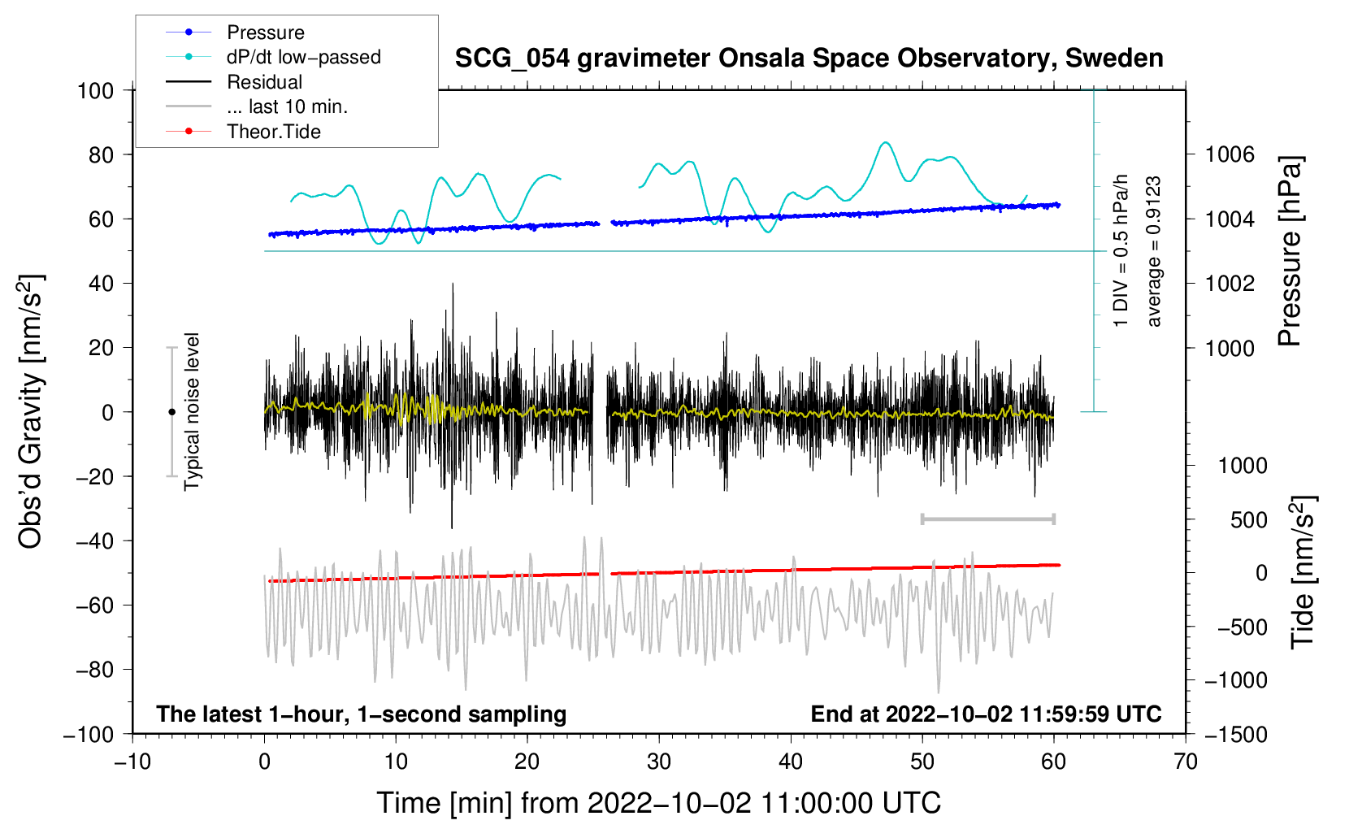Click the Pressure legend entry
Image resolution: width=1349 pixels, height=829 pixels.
pyautogui.click(x=265, y=33)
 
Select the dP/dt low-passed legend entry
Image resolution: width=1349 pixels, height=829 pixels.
pyautogui.click(x=303, y=57)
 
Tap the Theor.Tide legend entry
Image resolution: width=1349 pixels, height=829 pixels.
pyautogui.click(x=273, y=132)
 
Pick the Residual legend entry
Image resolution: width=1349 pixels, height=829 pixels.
pyautogui.click(x=264, y=82)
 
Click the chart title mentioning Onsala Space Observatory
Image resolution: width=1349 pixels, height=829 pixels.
pyautogui.click(x=809, y=59)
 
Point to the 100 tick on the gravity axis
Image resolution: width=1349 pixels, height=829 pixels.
pyautogui.click(x=95, y=90)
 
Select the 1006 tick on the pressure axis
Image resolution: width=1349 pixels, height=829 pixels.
pyautogui.click(x=1230, y=154)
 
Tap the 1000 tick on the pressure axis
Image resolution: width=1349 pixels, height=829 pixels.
pyautogui.click(x=1230, y=348)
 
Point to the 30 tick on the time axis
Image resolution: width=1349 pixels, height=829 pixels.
pyautogui.click(x=659, y=762)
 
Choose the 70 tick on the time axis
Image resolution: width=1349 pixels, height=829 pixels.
pyautogui.click(x=1186, y=762)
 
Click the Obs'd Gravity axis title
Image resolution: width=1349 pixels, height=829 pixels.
pyautogui.click(x=31, y=412)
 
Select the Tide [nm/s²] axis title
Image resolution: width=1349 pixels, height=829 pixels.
pyautogui.click(x=1303, y=571)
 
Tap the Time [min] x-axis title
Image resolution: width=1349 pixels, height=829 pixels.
pyautogui.click(x=658, y=803)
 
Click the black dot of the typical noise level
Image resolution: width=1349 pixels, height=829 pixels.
pyautogui.click(x=171, y=412)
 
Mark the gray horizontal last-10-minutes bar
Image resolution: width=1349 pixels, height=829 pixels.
pyautogui.click(x=987, y=519)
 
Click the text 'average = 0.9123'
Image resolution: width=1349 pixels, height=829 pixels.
pyautogui.click(x=1154, y=251)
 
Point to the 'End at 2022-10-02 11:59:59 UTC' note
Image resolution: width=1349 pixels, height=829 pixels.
pyautogui.click(x=986, y=714)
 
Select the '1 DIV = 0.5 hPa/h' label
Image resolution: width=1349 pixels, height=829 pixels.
pyautogui.click(x=1121, y=251)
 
